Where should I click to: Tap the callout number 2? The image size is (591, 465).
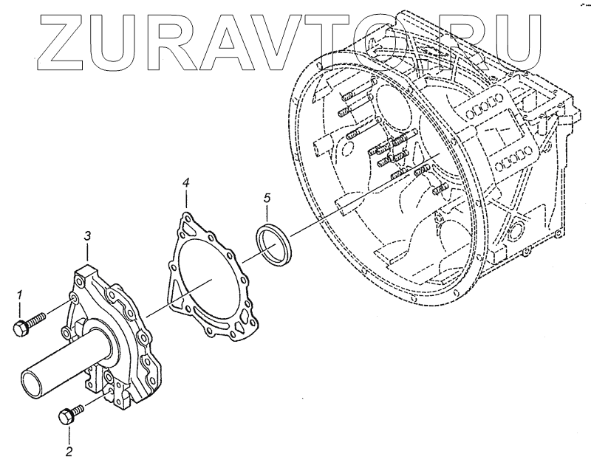pyautogui.click(x=69, y=449)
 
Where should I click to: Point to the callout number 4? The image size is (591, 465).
pyautogui.click(x=186, y=181)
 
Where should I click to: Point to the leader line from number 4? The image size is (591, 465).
pyautogui.click(x=186, y=199)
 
